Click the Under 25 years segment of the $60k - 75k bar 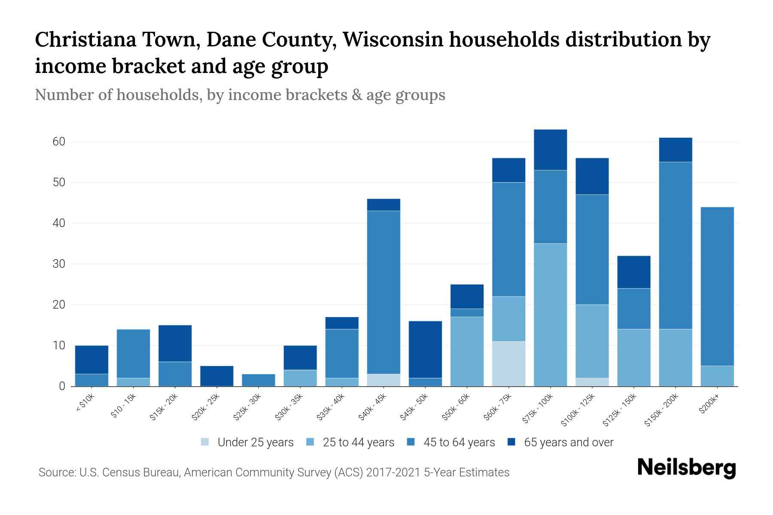tap(508, 364)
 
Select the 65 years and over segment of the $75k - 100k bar tap(550, 150)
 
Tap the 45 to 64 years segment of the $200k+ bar tap(717, 286)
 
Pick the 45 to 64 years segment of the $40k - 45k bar tap(383, 292)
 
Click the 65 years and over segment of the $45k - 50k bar tap(425, 349)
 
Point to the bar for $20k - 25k tap(216, 376)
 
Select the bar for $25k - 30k tap(258, 380)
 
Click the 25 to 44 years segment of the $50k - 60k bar tap(467, 351)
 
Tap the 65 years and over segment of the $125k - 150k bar tap(633, 272)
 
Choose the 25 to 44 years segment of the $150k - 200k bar tap(675, 357)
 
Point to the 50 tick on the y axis tap(59, 182)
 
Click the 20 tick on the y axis tap(59, 305)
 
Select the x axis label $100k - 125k tap(578, 410)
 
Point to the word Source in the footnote tap(56, 473)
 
